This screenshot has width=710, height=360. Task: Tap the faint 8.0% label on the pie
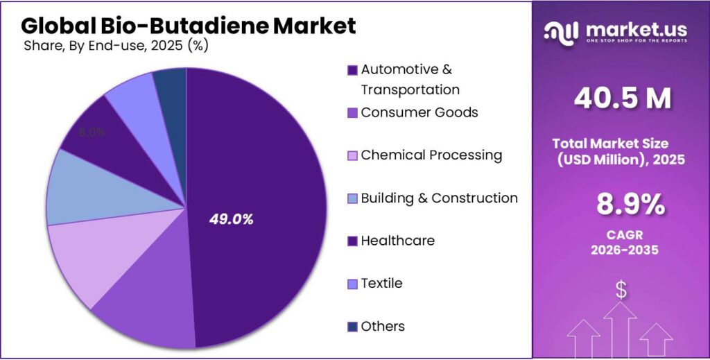pyautogui.click(x=92, y=132)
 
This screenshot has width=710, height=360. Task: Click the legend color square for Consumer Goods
pyautogui.click(x=352, y=112)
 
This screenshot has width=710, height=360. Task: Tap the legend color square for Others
pyautogui.click(x=352, y=327)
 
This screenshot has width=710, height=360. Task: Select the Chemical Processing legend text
pyautogui.click(x=431, y=155)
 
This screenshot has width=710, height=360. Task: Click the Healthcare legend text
pyautogui.click(x=398, y=241)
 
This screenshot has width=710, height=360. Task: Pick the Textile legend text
pyautogui.click(x=381, y=284)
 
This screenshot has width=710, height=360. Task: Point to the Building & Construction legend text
pyautogui.click(x=439, y=198)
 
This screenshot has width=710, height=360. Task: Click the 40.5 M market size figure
pyautogui.click(x=622, y=99)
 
